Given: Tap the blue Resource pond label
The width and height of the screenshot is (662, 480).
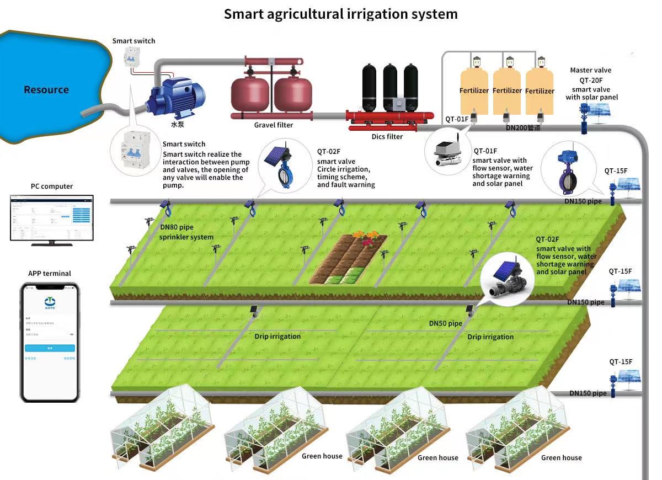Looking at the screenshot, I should coord(46,89).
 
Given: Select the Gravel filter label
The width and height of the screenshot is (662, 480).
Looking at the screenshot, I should coord(274,125).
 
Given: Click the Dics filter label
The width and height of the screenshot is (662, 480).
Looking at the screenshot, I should coord(387,136).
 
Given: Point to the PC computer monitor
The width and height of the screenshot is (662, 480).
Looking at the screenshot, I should coord(52,217).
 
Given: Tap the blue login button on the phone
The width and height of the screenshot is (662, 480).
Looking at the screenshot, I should coord(50,348).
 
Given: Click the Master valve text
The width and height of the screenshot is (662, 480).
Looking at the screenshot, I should coord(590,70).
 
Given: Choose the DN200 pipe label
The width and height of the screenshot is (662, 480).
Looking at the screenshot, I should coord(522,128).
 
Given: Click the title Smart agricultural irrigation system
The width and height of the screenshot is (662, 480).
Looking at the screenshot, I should coord(340,14).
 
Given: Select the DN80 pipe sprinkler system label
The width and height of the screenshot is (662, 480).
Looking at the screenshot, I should coord(186,232).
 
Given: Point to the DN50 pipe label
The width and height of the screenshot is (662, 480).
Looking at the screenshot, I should coord(445,323).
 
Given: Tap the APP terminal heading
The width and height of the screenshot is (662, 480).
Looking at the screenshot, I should coord(50,273).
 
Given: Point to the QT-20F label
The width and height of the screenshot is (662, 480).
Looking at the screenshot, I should coord(590,79).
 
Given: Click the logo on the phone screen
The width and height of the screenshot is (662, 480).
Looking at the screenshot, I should coord(50,301).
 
